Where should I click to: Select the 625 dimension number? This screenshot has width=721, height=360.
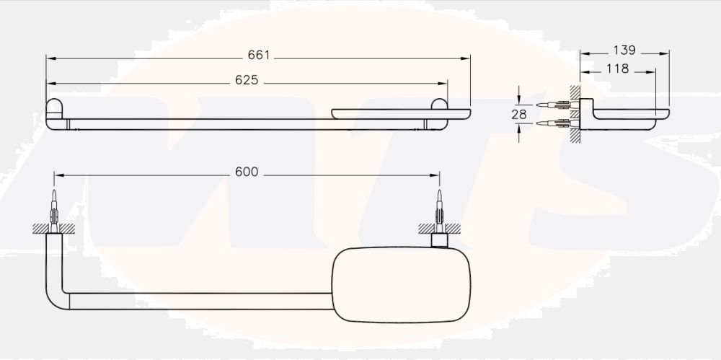[x=247, y=80]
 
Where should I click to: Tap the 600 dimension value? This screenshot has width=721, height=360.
[x=247, y=172]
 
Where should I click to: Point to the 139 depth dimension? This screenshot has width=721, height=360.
[x=624, y=51]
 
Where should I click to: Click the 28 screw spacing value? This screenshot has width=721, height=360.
[x=519, y=114]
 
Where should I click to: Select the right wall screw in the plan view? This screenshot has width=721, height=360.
[x=439, y=210]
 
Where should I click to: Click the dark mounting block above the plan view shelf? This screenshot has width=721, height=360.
[x=439, y=240]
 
